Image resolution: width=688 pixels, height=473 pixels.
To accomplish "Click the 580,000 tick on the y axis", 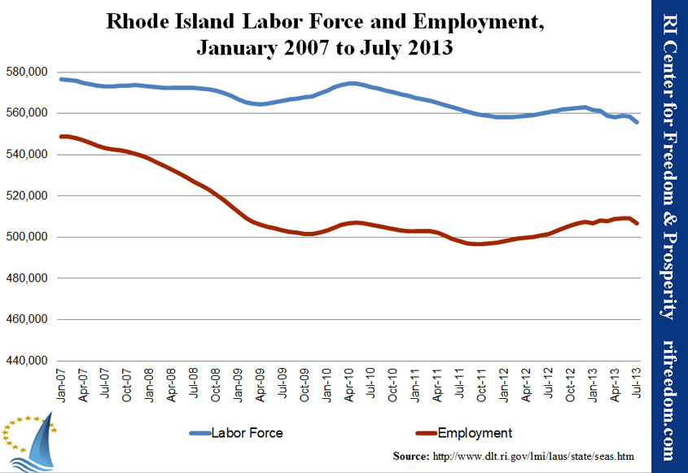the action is [27, 72].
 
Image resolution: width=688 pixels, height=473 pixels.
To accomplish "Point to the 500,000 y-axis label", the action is [27, 237].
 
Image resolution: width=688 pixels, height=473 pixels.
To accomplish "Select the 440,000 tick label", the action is [27, 361].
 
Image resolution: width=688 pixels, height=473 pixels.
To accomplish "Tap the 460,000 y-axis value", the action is [27, 319].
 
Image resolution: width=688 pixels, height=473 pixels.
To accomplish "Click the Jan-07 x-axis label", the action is [61, 385].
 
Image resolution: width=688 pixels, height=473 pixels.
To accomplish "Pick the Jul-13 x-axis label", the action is [637, 383].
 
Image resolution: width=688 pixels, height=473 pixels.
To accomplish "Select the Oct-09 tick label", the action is [304, 385].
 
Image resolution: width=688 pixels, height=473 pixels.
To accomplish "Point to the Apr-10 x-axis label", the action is [348, 385].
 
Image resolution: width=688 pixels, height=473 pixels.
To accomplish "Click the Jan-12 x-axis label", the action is [504, 385].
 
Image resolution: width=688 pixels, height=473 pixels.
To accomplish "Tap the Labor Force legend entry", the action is [236, 433].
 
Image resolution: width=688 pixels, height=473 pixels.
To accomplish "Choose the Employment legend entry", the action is [464, 433].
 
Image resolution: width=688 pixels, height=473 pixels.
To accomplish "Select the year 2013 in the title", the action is [430, 47].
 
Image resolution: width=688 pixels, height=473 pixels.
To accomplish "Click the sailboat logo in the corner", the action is [30, 441].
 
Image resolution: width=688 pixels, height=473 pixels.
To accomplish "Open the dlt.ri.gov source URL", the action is [533, 457].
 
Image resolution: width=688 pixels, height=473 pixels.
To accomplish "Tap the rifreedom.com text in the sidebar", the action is [668, 401].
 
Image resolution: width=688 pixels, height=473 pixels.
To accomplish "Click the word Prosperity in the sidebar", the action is [668, 275].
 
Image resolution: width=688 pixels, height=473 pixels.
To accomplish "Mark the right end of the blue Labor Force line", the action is [637, 122].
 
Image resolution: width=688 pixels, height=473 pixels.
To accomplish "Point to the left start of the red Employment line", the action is [61, 137].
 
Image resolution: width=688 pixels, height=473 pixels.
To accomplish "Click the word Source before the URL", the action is [411, 457].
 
